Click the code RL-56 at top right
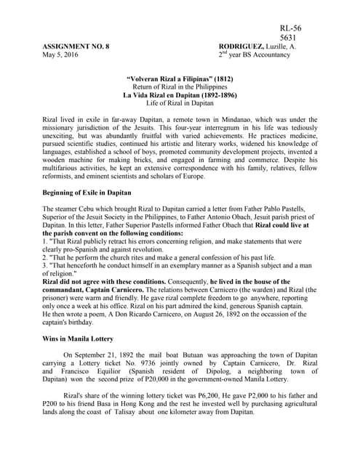pyautogui.click(x=290, y=28)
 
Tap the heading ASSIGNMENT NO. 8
pyautogui.click(x=76, y=46)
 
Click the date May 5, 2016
pyautogui.click(x=60, y=55)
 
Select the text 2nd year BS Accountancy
pyautogui.click(x=257, y=55)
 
